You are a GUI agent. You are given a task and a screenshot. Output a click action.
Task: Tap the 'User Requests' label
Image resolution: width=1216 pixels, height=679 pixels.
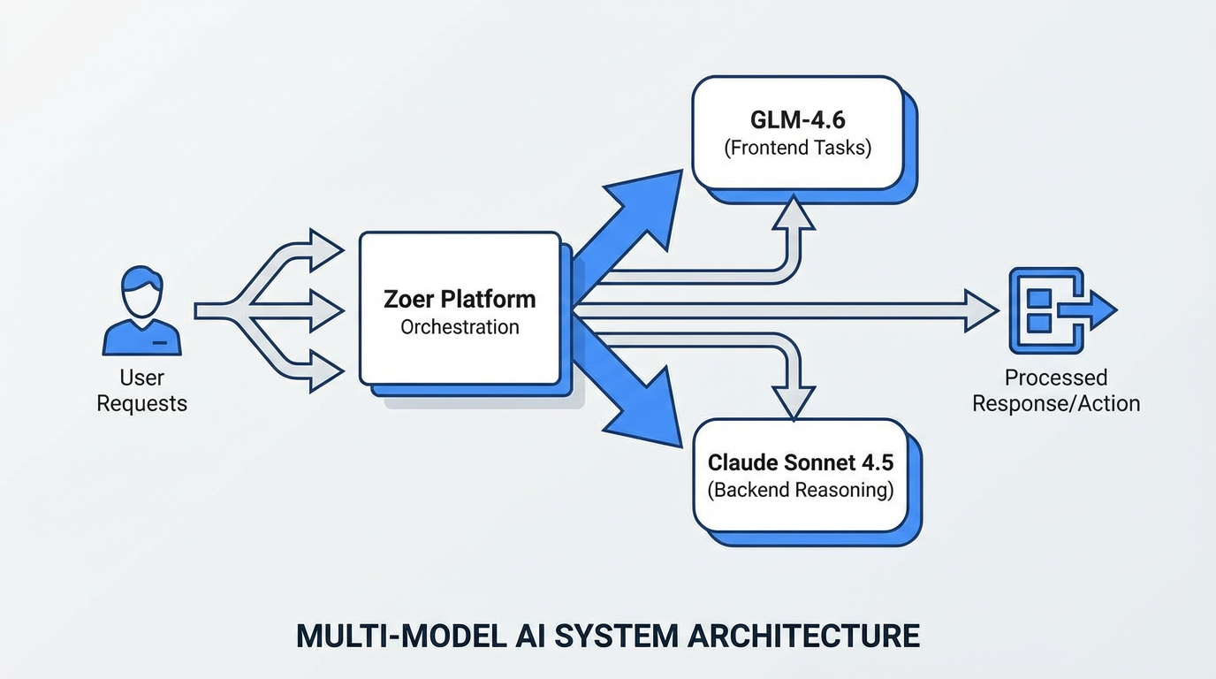[x=141, y=391]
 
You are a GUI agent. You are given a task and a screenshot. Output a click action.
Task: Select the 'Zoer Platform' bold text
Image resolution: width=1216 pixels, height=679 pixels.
[x=460, y=299]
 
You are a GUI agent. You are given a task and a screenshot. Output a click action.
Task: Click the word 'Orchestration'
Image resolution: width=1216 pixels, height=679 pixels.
[x=460, y=327]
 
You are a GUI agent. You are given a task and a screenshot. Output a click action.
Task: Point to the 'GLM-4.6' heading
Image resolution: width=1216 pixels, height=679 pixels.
[x=797, y=118]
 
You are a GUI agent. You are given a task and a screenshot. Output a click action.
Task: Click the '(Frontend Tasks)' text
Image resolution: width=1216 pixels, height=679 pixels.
[x=797, y=148]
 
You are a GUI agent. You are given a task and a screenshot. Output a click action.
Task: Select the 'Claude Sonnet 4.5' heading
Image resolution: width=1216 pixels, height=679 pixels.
[x=801, y=462]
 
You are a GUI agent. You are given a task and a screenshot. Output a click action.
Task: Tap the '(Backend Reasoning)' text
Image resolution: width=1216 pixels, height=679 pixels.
[x=801, y=490]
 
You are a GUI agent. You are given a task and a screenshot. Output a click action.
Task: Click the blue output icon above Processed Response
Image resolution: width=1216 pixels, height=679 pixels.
[x=1061, y=310]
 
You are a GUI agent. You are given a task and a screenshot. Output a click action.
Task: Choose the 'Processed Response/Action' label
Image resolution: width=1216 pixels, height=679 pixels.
[x=1056, y=391]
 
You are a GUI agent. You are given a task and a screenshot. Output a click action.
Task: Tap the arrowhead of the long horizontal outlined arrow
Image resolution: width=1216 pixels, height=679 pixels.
[x=981, y=310]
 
